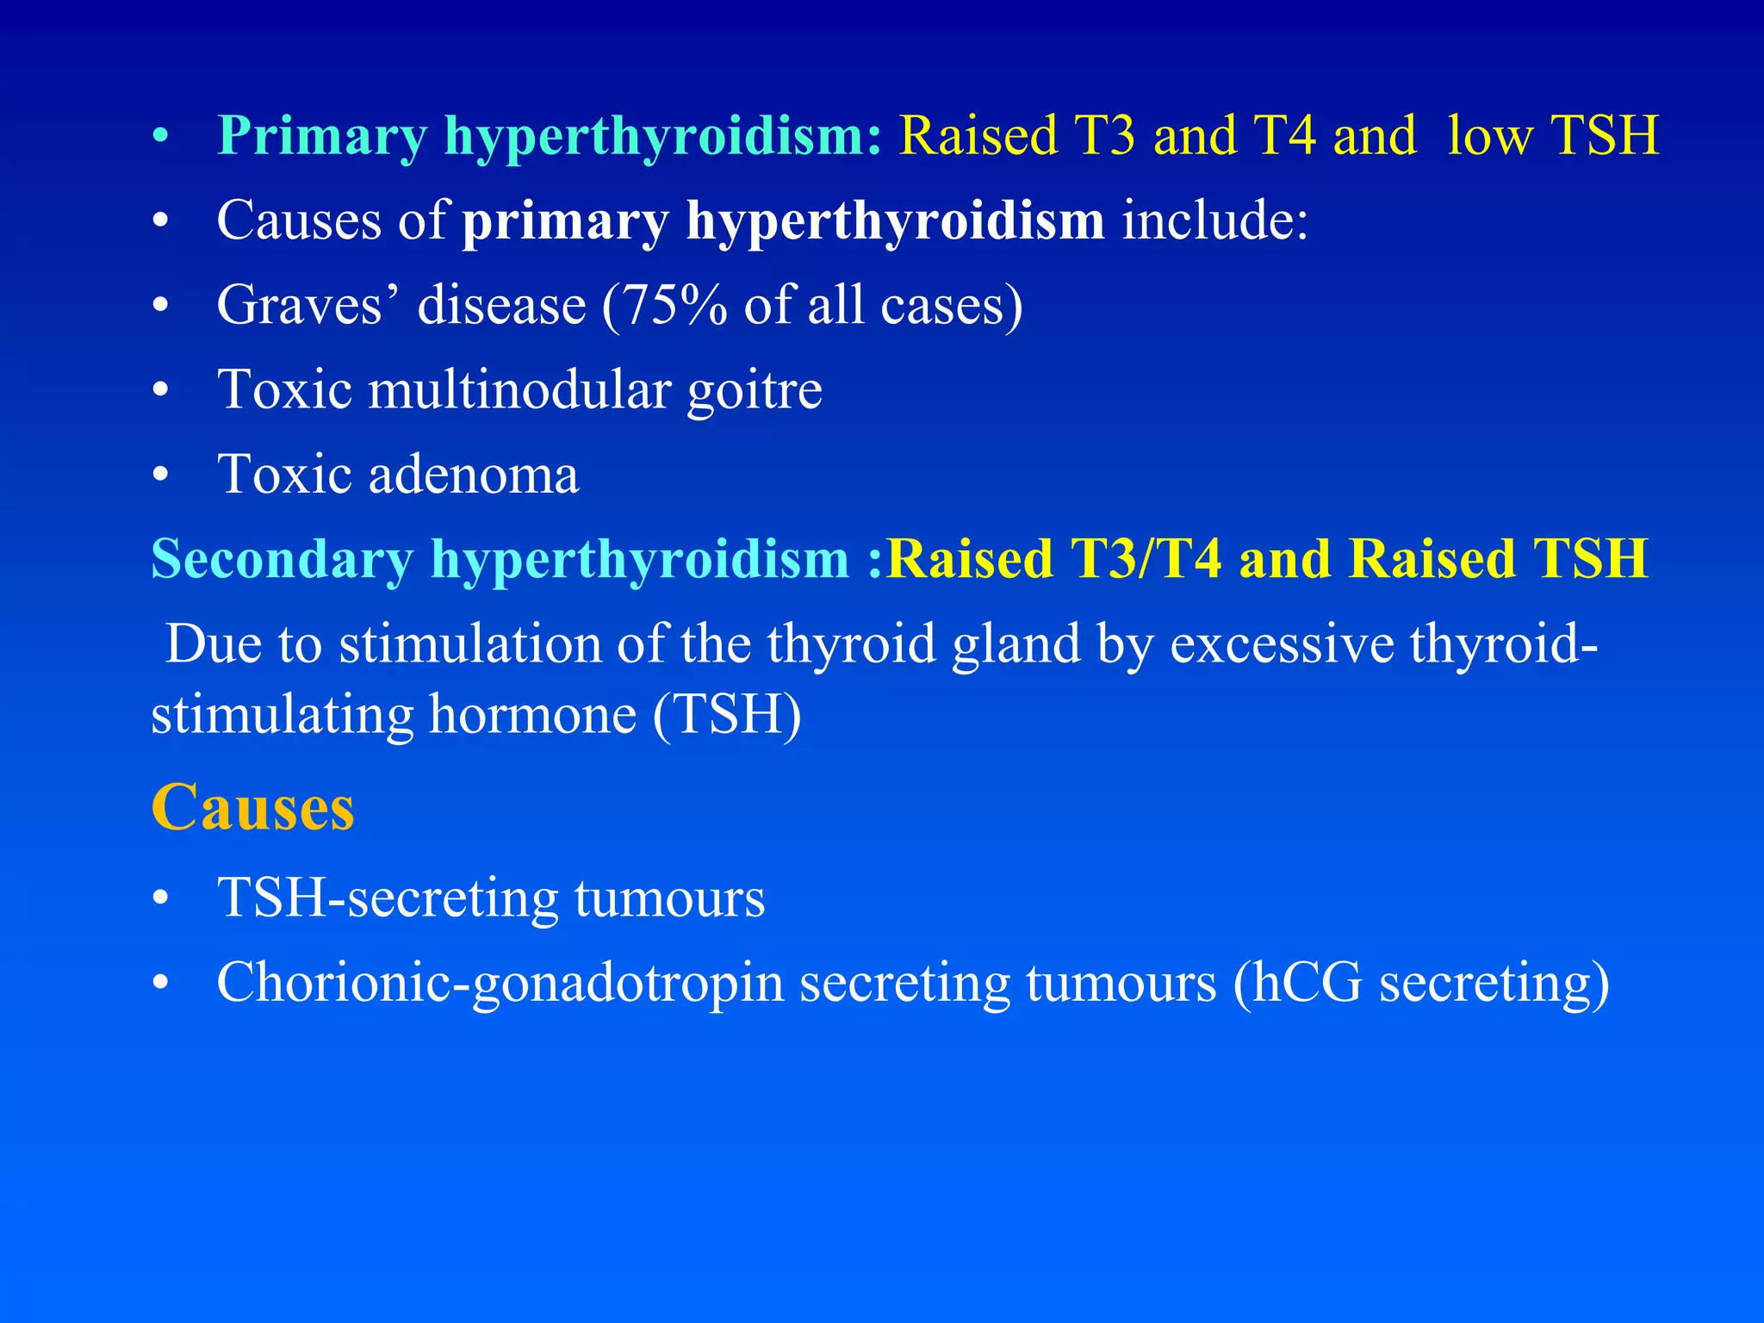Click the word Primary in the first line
point(322,136)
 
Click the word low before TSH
point(1489,136)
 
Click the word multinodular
point(519,389)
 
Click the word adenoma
point(474,475)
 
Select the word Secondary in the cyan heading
point(282,559)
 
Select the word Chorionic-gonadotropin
point(500,983)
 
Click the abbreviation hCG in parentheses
point(1307,982)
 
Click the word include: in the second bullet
point(1214,220)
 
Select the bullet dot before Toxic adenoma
point(160,475)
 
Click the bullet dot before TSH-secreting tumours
point(160,899)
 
